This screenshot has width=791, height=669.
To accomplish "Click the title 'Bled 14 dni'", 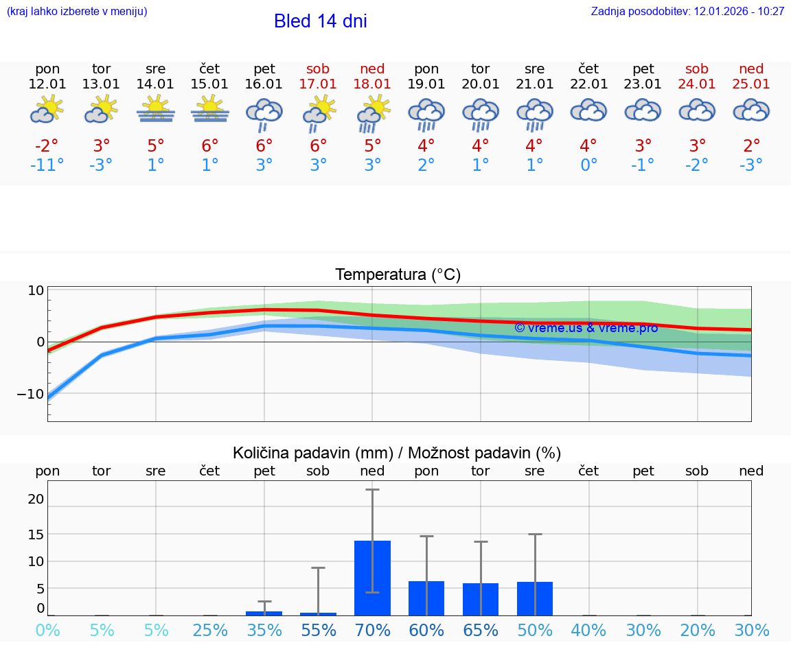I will tap(320, 21).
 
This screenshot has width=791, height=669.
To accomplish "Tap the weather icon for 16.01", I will tap(264, 113).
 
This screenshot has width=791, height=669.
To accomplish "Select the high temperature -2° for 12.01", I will tap(47, 146).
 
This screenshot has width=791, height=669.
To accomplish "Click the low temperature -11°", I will tap(47, 165).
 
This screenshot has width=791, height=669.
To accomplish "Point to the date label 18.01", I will tap(372, 84).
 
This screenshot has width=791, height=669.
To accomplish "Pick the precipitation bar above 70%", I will tap(372, 578).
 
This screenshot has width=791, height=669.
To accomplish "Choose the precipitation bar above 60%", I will tap(426, 598).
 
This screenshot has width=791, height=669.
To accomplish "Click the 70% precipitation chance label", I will tap(372, 630).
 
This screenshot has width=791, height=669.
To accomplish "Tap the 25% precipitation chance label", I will tap(210, 630).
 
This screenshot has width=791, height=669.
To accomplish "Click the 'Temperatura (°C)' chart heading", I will tap(398, 275).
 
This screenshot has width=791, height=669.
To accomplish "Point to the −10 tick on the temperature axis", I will tap(31, 395).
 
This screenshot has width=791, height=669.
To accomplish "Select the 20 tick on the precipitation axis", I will tap(36, 499).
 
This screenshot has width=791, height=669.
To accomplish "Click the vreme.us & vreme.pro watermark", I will tap(586, 328).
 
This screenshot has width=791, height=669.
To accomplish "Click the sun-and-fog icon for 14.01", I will tap(156, 110).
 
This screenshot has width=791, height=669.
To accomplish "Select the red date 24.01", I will tap(697, 84).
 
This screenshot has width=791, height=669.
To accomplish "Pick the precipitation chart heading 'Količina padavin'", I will tap(397, 453).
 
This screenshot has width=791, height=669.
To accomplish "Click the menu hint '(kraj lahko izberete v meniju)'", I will tap(77, 12).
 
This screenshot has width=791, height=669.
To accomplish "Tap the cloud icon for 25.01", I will tap(751, 110).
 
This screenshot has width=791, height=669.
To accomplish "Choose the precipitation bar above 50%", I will tap(535, 598).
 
